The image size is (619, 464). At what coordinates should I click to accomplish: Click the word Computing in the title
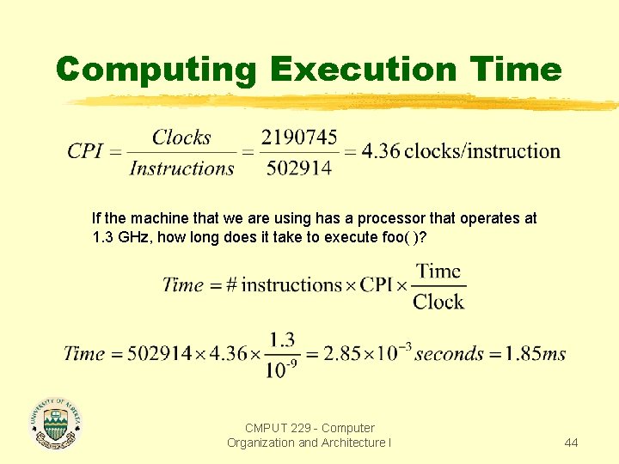156,69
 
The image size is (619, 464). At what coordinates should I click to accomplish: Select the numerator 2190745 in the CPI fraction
299,137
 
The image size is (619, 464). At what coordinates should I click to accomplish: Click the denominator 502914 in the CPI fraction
299,168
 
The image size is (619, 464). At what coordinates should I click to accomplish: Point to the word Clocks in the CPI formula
181,137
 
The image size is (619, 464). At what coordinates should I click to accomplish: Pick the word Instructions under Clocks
181,168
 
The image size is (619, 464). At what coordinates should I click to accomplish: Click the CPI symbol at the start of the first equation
85,152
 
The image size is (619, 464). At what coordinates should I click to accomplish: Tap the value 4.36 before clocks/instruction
380,152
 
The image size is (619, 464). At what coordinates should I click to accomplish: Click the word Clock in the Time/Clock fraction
438,302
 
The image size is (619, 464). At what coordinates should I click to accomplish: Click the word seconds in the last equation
449,354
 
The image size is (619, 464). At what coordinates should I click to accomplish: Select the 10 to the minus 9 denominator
283,369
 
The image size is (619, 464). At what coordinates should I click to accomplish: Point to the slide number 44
571,443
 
